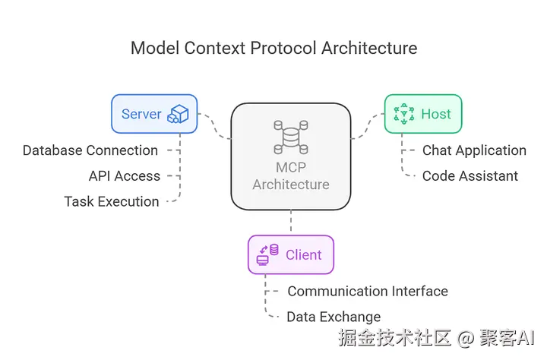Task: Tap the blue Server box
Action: click(x=154, y=114)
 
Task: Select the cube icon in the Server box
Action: click(x=178, y=114)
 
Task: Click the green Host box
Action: click(x=423, y=114)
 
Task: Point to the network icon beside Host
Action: click(x=403, y=114)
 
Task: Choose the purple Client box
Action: click(x=291, y=254)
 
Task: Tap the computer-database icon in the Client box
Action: click(x=267, y=254)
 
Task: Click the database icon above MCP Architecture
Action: click(x=291, y=137)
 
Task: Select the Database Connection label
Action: click(x=90, y=150)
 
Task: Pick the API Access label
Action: click(x=125, y=175)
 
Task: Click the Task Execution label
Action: click(x=112, y=201)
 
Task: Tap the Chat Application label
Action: click(x=474, y=150)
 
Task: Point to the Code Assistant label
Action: click(x=470, y=175)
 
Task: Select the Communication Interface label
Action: click(x=368, y=292)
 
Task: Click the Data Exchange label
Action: click(x=334, y=317)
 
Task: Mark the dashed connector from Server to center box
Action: click(x=213, y=125)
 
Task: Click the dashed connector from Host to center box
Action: click(x=368, y=126)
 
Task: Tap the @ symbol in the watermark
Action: click(x=466, y=338)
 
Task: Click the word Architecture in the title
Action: click(x=369, y=48)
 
